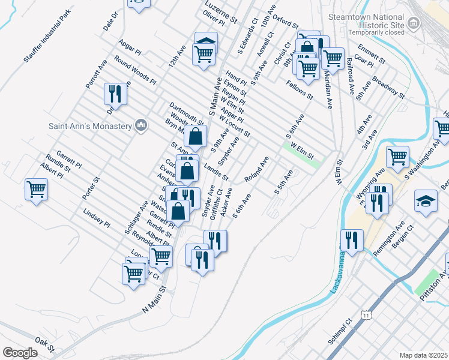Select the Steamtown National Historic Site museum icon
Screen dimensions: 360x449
point(414,23)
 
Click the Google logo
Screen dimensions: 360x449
point(20,353)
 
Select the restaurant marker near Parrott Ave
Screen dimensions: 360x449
point(115,94)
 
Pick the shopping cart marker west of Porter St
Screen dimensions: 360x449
point(36,190)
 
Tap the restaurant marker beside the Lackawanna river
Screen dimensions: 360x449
point(352,241)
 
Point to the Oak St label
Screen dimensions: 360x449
point(45,343)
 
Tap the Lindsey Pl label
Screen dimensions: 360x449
point(97,218)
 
